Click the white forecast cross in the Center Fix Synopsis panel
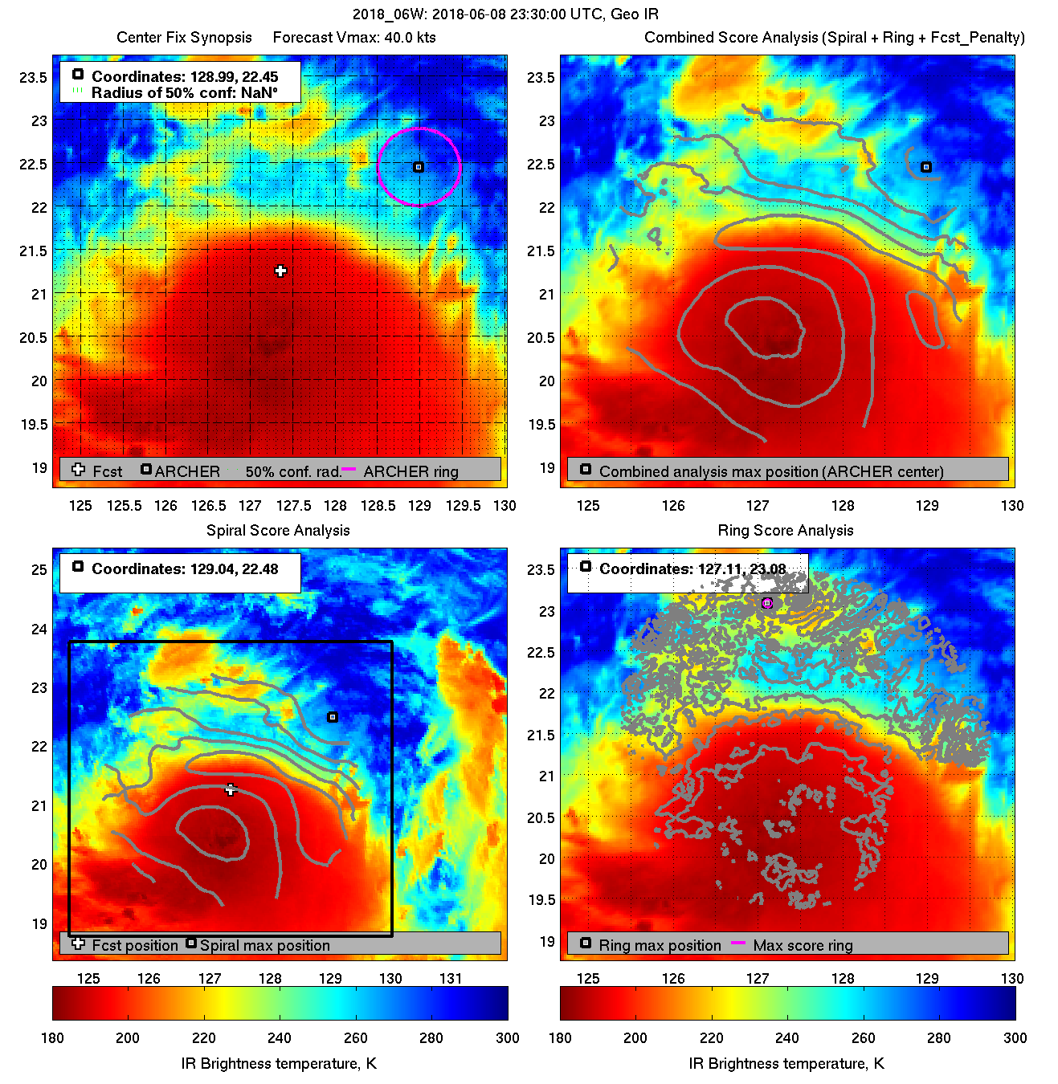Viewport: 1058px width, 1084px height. (280, 271)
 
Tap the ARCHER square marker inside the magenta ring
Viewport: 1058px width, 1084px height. (418, 167)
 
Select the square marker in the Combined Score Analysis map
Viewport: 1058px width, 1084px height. (926, 167)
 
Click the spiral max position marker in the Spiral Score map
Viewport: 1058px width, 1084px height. (333, 717)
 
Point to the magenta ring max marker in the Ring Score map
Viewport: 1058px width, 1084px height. (767, 603)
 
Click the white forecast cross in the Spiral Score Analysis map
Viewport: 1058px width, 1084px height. (231, 790)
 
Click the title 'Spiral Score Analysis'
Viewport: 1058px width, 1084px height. (278, 530)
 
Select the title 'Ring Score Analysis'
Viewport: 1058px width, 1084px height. (785, 530)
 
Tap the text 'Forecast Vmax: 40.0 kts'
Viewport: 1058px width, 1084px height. (354, 38)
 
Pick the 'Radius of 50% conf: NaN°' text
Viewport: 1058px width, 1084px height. (184, 92)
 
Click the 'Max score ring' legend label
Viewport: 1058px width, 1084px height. (803, 945)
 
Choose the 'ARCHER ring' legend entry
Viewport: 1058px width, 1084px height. (411, 471)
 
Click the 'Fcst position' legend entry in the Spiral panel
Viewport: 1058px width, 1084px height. (135, 945)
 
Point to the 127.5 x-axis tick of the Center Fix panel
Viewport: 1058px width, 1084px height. (293, 505)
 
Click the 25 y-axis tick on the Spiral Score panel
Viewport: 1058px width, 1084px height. (39, 570)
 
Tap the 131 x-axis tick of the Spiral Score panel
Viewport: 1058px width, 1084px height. (451, 978)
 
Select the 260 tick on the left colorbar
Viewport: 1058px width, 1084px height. (356, 1037)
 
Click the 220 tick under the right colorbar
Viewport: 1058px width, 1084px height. (711, 1037)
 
